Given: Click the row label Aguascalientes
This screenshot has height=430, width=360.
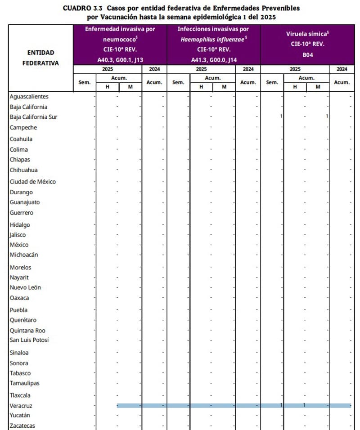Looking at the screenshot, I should click(29, 96).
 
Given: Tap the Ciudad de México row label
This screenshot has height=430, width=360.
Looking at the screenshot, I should click(33, 182).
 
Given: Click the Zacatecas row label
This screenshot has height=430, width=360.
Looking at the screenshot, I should click(22, 426).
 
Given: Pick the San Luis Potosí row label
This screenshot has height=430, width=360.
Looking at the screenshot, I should click(29, 340).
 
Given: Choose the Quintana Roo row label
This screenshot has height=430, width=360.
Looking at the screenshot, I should click(27, 330).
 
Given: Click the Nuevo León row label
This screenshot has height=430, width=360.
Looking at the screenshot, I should click(27, 287).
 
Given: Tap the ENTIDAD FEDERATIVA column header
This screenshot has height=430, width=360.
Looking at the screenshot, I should click(40, 58).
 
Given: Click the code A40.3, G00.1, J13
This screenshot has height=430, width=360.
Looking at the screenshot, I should click(120, 59).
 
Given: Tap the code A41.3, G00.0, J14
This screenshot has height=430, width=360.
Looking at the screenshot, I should click(214, 59).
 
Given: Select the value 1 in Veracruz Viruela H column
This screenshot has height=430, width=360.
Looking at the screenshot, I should click(304, 405).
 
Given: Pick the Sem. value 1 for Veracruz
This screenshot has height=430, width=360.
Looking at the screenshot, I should click(281, 405).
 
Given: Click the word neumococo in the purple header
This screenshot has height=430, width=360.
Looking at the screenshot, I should click(119, 39).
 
